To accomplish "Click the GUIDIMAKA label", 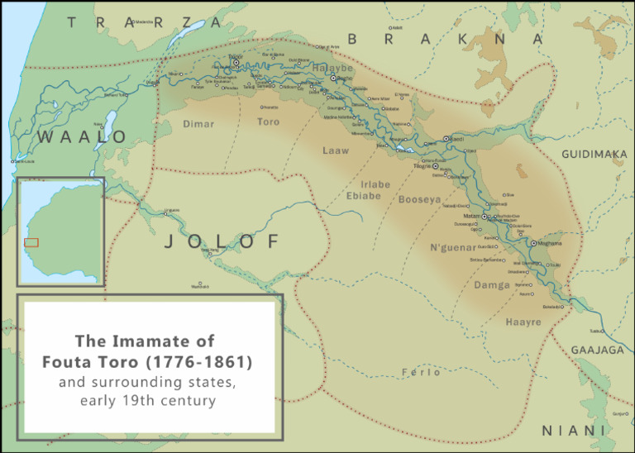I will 594,155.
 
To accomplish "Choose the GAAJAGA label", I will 598,350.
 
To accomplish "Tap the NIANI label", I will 573,431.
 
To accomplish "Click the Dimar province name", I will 199,124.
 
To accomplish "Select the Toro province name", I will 267,122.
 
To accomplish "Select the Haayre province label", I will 523,322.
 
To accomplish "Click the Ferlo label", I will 421,372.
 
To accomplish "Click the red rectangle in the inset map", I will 31,242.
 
